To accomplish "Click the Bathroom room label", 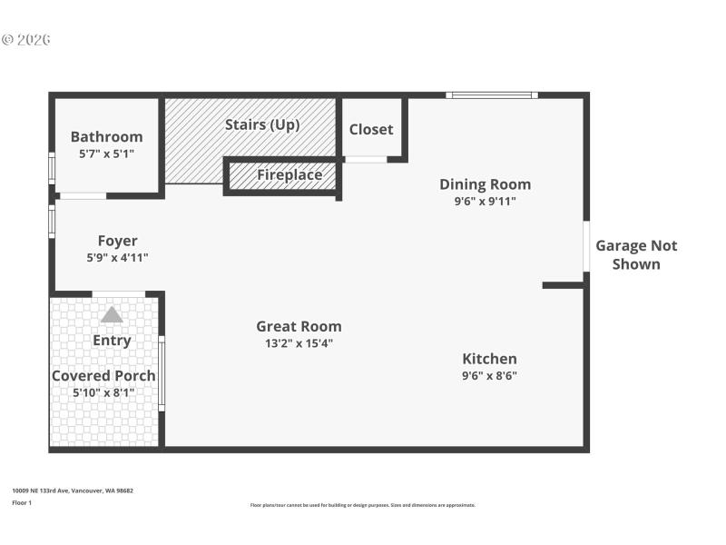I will [x=106, y=137].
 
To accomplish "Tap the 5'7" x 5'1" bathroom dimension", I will [x=106, y=154].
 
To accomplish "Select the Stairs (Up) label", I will [x=262, y=124].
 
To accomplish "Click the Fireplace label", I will [x=289, y=174].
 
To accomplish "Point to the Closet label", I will [x=371, y=129].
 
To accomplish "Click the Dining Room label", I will [x=485, y=184].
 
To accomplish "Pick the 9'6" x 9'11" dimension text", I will [x=485, y=202].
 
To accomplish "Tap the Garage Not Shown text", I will [x=635, y=254].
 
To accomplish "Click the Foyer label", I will [x=118, y=241].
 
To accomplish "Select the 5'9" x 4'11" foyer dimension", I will [x=118, y=258].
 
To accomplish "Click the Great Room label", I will [x=299, y=326].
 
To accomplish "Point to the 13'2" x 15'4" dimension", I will [x=299, y=343].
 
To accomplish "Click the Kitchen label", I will [x=489, y=359].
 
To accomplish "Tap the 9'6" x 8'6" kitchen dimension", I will [x=489, y=376].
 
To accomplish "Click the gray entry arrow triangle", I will [x=112, y=314].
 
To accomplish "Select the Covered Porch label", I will [x=103, y=376].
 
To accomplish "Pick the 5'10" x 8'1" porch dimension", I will [x=103, y=393].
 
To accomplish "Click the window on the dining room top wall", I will [x=491, y=94].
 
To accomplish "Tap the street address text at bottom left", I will [x=73, y=490].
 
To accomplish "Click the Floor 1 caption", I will [x=22, y=502].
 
